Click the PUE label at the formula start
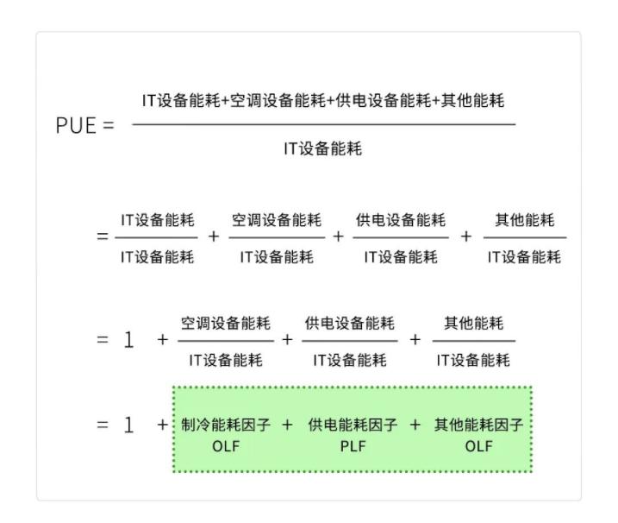pyautogui.click(x=75, y=124)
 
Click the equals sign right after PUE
pyautogui.click(x=108, y=124)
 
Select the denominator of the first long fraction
pyautogui.click(x=323, y=149)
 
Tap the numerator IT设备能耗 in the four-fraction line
pyautogui.click(x=157, y=220)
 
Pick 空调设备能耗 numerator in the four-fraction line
pyautogui.click(x=277, y=220)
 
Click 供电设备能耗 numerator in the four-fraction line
pyautogui.click(x=401, y=220)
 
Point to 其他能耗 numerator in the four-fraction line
pyautogui.click(x=524, y=220)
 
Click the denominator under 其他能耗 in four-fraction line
pyautogui.click(x=524, y=257)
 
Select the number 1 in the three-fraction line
pyautogui.click(x=129, y=339)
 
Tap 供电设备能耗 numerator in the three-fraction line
pyautogui.click(x=350, y=324)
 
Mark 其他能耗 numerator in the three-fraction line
pyautogui.click(x=473, y=324)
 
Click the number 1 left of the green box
pyautogui.click(x=129, y=425)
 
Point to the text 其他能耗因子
pyautogui.click(x=478, y=425)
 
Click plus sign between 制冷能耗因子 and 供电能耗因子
pyautogui.click(x=287, y=425)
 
